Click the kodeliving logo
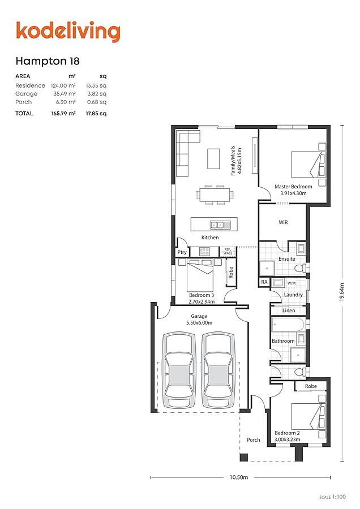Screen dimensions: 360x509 68,32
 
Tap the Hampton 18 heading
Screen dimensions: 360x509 48,61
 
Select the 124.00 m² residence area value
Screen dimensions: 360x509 63,86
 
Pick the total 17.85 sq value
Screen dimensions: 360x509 96,114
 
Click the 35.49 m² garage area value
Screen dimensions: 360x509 65,94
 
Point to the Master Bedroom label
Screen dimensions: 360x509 293,187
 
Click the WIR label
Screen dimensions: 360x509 283,222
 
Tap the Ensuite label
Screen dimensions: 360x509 287,259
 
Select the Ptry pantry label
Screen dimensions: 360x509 182,252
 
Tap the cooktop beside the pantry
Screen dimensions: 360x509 204,251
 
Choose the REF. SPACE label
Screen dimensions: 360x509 228,251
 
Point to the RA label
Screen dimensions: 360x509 264,282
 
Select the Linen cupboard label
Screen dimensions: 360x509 289,310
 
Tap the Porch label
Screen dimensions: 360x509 254,440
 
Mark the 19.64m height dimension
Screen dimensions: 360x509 341,292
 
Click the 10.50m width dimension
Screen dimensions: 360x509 239,477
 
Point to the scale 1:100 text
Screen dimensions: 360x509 333,497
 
